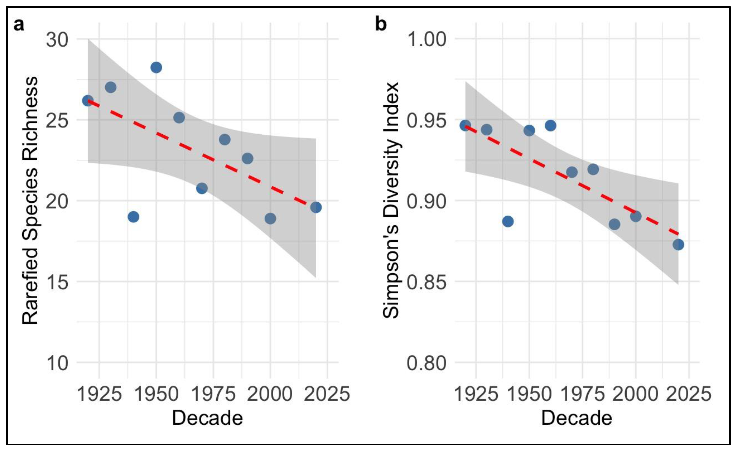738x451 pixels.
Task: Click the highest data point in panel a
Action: [x=156, y=67]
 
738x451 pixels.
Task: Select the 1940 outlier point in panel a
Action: [x=133, y=217]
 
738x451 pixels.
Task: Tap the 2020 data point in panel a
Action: [x=316, y=207]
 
